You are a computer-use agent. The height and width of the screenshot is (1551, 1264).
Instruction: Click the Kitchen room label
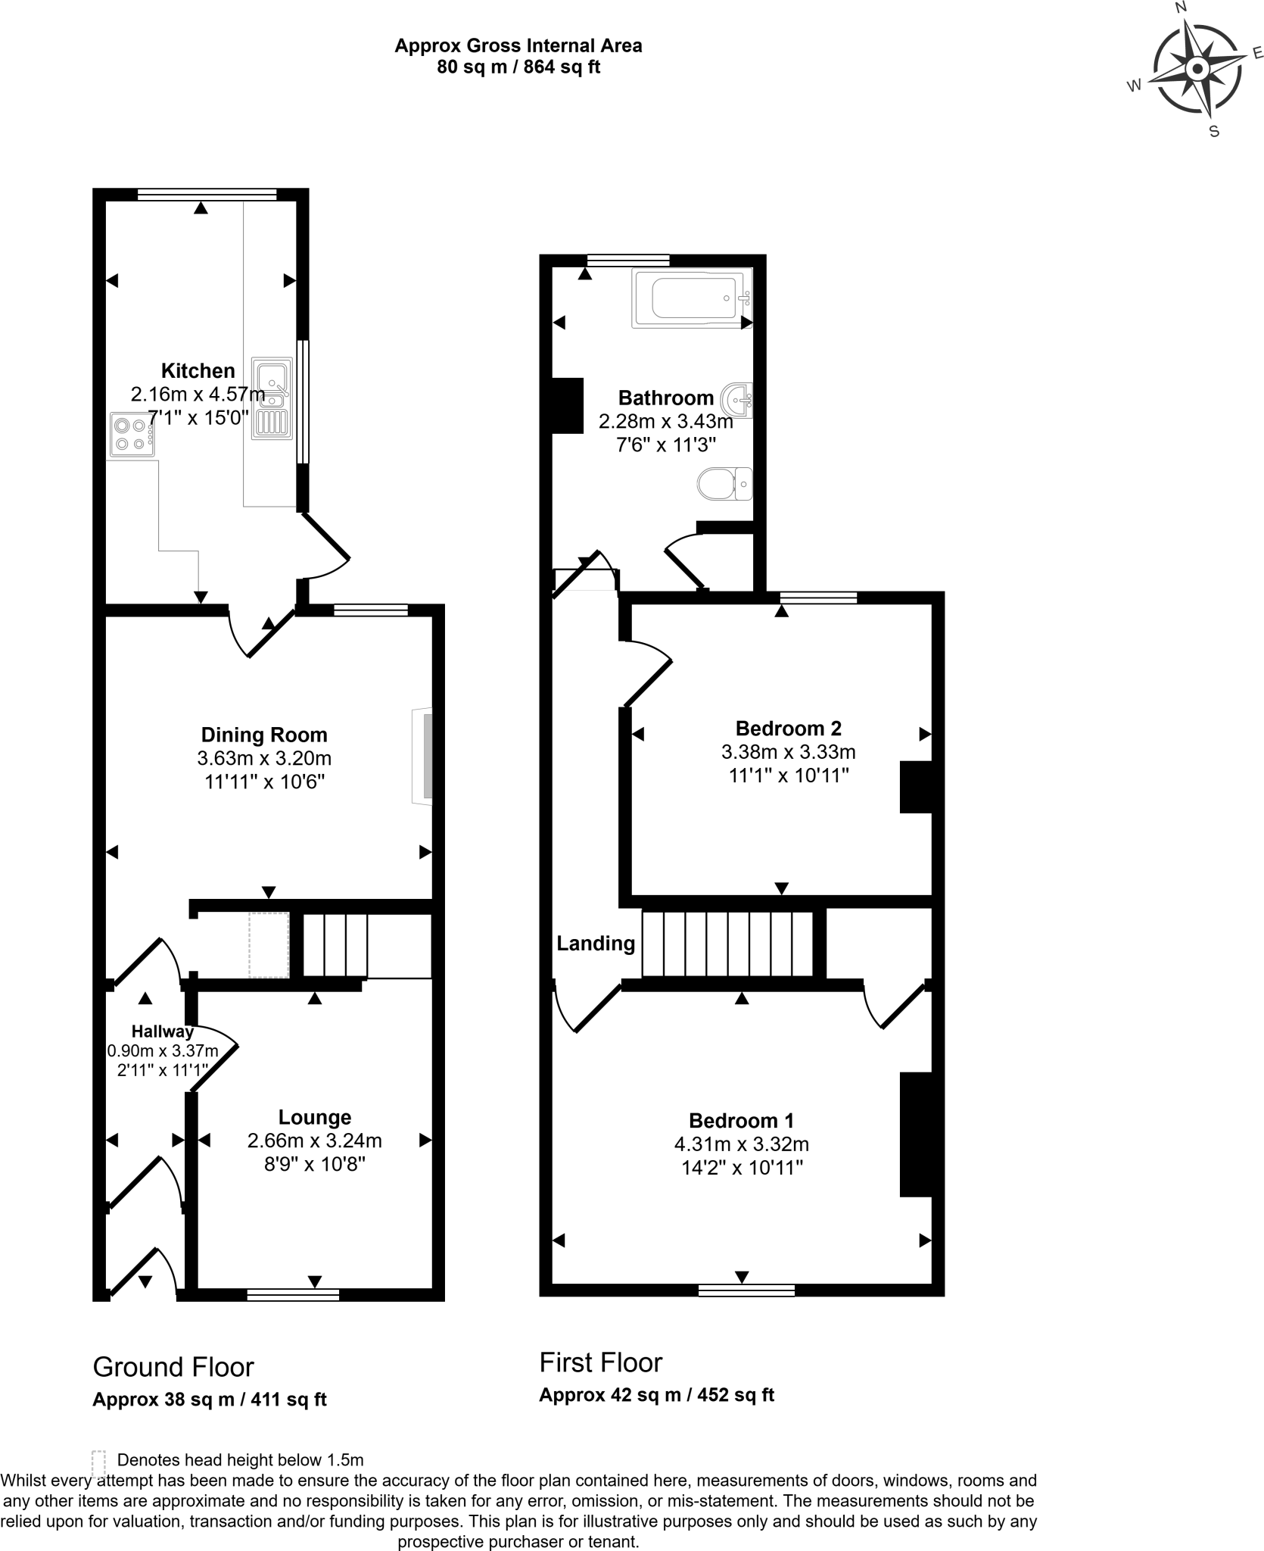click(x=198, y=370)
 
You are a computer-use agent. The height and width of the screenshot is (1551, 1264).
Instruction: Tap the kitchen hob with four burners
click(x=132, y=435)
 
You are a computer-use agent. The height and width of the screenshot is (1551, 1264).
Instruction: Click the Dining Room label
click(x=264, y=735)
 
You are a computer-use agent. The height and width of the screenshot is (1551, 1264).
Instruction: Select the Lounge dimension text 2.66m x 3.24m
click(x=314, y=1141)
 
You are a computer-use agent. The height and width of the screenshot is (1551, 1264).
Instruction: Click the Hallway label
click(x=162, y=1031)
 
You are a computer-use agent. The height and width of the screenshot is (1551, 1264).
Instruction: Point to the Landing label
click(x=596, y=943)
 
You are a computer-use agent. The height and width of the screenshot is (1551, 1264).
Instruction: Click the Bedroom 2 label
click(x=788, y=729)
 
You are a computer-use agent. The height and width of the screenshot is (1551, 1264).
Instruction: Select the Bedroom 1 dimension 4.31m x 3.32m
click(x=741, y=1144)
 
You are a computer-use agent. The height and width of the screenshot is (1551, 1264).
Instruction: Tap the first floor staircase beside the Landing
click(x=727, y=944)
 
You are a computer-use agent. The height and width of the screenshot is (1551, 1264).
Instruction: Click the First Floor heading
click(x=600, y=1362)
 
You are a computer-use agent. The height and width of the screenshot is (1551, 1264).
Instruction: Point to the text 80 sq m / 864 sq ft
click(x=518, y=67)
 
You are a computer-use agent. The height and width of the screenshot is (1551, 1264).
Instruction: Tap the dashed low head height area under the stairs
click(x=269, y=944)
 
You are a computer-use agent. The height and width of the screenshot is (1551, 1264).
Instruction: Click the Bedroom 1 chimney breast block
click(x=915, y=1134)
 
